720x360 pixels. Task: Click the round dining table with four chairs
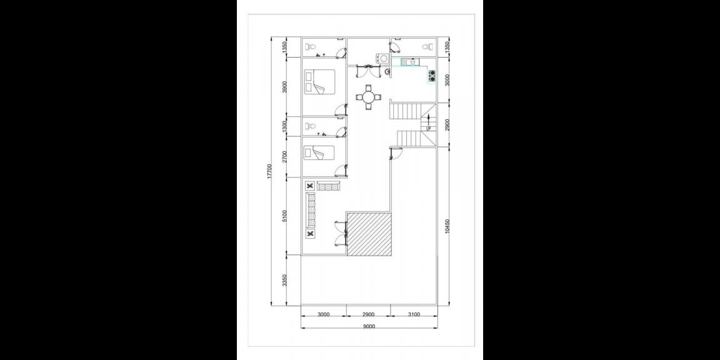click(x=369, y=97)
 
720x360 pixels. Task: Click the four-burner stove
click(x=431, y=76)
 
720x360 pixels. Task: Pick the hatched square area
click(x=369, y=234)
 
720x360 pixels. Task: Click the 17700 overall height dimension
click(x=269, y=172)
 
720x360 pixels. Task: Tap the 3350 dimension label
click(x=284, y=281)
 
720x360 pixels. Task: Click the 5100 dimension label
click(x=284, y=217)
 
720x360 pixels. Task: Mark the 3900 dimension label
click(x=284, y=87)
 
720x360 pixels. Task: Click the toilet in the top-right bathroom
click(x=427, y=47)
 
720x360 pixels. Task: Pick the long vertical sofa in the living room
click(x=311, y=211)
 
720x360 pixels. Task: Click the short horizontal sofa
click(x=328, y=186)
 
